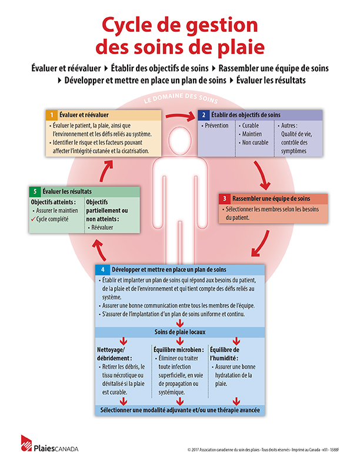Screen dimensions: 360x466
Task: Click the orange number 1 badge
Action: [52, 115]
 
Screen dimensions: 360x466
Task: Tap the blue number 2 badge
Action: [204, 115]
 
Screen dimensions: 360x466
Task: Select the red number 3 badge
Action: [225, 198]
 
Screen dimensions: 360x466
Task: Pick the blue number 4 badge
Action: [103, 269]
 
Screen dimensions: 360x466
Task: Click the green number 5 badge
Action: [35, 191]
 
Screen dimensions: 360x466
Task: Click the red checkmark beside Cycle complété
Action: [33, 219]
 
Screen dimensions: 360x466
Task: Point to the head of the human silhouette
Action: [180, 140]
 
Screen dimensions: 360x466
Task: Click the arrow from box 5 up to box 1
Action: [105, 170]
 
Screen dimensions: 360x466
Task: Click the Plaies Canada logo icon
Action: [26, 443]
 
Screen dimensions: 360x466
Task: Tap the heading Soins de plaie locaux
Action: [180, 332]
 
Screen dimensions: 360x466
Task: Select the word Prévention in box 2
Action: [216, 126]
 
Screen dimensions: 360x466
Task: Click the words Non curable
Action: [255, 142]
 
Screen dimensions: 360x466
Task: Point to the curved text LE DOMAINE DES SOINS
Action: [181, 98]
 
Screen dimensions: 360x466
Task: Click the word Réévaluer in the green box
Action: [102, 228]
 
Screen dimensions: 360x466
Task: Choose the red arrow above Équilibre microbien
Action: [180, 341]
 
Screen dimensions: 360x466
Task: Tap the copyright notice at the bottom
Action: [263, 450]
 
